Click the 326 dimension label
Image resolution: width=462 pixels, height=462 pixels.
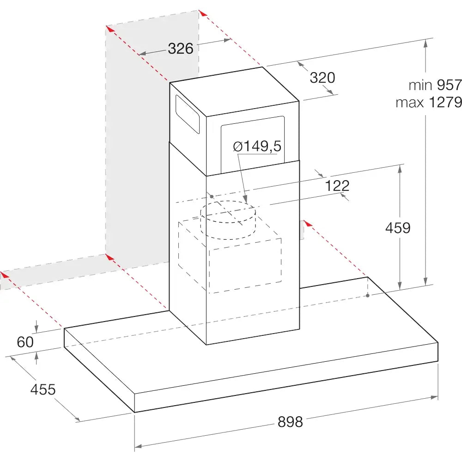pyautogui.click(x=181, y=49)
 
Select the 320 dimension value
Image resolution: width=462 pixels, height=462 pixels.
pyautogui.click(x=322, y=78)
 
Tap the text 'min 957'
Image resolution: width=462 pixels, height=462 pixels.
pyautogui.click(x=435, y=85)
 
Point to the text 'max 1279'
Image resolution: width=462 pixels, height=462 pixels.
pyautogui.click(x=429, y=102)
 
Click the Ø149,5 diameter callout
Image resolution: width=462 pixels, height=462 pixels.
pyautogui.click(x=257, y=146)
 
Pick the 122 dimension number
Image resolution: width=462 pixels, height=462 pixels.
pyautogui.click(x=337, y=186)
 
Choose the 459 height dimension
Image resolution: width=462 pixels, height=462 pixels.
pyautogui.click(x=398, y=228)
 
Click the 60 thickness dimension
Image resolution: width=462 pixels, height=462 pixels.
pyautogui.click(x=25, y=342)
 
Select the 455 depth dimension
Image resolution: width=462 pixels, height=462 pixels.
pyautogui.click(x=43, y=389)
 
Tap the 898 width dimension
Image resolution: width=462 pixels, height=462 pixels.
pyautogui.click(x=290, y=422)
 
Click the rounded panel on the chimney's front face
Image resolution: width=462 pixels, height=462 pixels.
pyautogui.click(x=253, y=144)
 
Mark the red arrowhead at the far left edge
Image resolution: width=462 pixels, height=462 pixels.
pyautogui.click(x=4, y=275)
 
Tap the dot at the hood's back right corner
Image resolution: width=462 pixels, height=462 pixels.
pyautogui.click(x=368, y=295)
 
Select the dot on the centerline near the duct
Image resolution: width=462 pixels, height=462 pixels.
pyautogui.click(x=212, y=196)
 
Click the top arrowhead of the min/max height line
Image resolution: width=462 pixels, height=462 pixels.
pyautogui.click(x=425, y=43)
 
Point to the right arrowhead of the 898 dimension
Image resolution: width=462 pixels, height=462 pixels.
pyautogui.click(x=434, y=397)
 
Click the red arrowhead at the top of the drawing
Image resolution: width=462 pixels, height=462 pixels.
pyautogui.click(x=203, y=13)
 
